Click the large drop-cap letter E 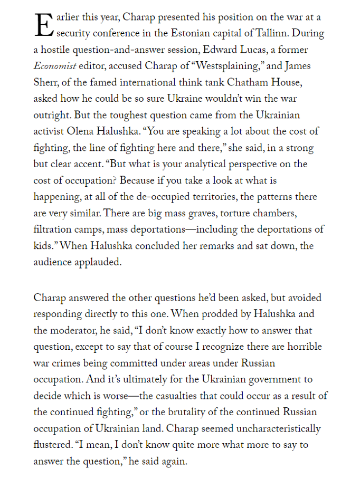click(x=43, y=24)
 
